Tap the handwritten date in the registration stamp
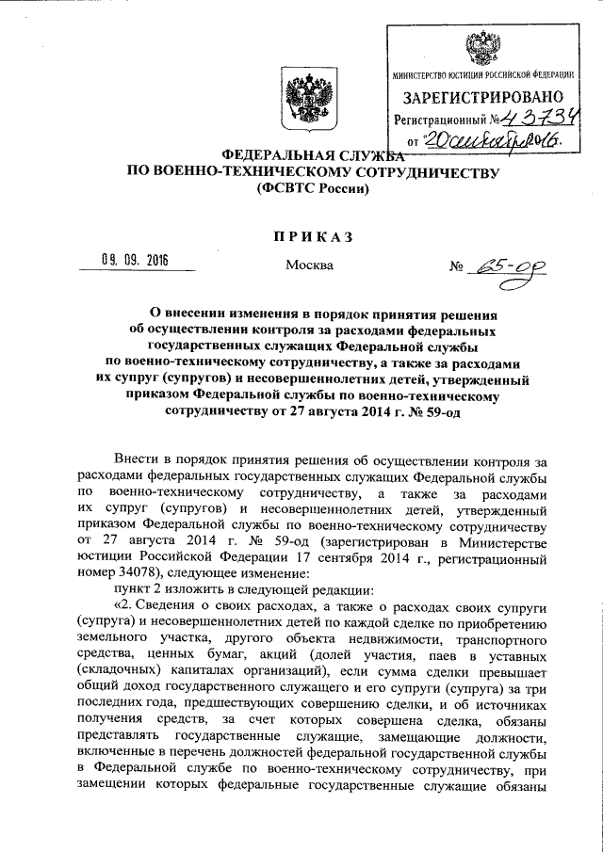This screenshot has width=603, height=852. click(x=490, y=140)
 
